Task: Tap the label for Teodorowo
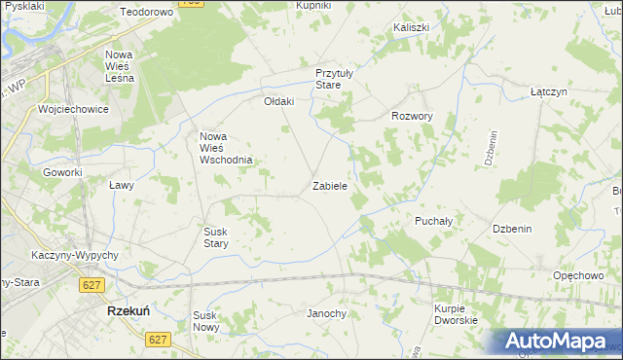[146, 12]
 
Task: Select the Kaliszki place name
[412, 28]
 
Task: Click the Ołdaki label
[279, 101]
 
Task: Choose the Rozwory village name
[412, 115]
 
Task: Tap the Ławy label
[121, 184]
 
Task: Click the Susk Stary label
[215, 237]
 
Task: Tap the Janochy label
[327, 313]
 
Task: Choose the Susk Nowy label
[206, 321]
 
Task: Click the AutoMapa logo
[557, 342]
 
